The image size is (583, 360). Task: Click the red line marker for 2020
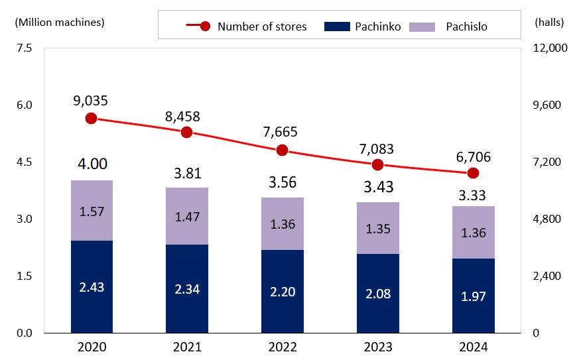click(92, 118)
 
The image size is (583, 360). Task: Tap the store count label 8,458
click(182, 117)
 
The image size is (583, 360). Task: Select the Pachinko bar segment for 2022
click(283, 291)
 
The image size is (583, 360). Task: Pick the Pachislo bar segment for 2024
click(473, 232)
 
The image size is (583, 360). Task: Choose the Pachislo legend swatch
click(423, 27)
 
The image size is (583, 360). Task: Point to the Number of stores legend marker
click(205, 27)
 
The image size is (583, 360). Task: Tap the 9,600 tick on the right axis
click(547, 105)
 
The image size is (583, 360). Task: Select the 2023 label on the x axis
click(377, 347)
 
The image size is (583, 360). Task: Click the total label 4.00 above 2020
click(92, 164)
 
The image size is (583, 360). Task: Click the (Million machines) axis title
click(60, 22)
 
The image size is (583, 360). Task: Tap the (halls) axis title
click(549, 22)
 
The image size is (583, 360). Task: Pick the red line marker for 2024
click(473, 173)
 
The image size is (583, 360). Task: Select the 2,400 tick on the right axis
click(547, 276)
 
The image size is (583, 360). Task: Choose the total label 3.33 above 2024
click(473, 196)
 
